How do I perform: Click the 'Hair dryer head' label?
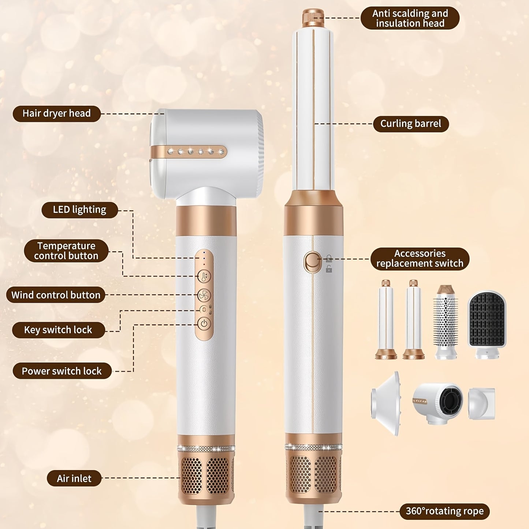tap(56, 113)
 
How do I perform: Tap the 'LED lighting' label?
tap(79, 210)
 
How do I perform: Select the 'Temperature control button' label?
tap(66, 251)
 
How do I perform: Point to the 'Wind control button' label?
tap(56, 295)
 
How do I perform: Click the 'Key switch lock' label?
tap(58, 330)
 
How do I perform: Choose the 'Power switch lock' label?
tap(62, 371)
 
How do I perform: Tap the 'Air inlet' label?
tap(74, 478)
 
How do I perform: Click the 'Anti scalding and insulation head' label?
tap(410, 18)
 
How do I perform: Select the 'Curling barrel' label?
tap(411, 124)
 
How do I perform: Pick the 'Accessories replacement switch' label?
tap(420, 258)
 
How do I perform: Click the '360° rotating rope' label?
tap(444, 511)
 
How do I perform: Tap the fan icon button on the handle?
tap(204, 295)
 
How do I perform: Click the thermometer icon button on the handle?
tap(204, 276)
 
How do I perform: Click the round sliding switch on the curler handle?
tap(312, 262)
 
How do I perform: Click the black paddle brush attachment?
tap(487, 324)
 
